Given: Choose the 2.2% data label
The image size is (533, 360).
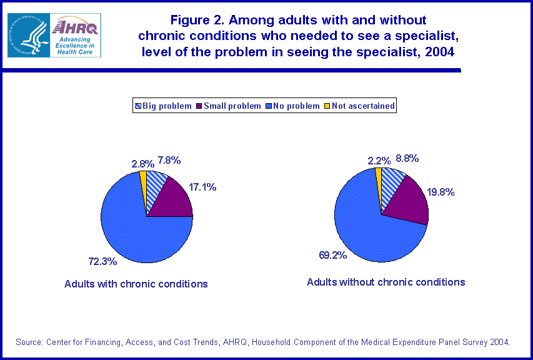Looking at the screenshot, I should [x=379, y=160].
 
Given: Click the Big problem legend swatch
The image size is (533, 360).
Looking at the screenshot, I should [x=138, y=106].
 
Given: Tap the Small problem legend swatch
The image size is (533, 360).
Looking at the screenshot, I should [x=200, y=106].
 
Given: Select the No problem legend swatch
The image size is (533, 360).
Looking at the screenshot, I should [x=268, y=106].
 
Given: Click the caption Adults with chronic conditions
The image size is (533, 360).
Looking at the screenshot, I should [x=136, y=284].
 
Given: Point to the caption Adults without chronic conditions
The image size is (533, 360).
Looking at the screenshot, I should [x=386, y=282].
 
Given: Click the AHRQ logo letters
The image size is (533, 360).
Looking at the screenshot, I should [x=76, y=27].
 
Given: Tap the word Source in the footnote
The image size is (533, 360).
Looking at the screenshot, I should [x=29, y=342].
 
